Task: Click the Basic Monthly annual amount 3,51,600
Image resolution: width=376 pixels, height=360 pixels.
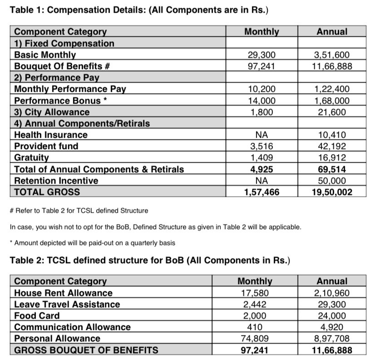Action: pyautogui.click(x=332, y=55)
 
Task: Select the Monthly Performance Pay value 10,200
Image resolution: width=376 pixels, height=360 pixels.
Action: pyautogui.click(x=262, y=89)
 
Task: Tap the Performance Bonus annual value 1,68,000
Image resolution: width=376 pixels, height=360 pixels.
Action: pyautogui.click(x=332, y=101)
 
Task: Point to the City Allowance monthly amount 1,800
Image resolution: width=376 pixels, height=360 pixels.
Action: pyautogui.click(x=262, y=112)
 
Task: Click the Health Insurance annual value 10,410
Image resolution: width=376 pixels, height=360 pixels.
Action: pyautogui.click(x=332, y=135)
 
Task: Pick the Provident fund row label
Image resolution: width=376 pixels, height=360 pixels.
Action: pyautogui.click(x=46, y=146)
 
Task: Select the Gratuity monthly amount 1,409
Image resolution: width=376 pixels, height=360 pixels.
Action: pyautogui.click(x=262, y=158)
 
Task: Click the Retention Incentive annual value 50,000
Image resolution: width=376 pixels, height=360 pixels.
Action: pyautogui.click(x=332, y=180)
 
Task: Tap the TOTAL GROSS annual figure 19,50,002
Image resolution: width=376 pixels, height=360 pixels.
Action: pyautogui.click(x=332, y=192)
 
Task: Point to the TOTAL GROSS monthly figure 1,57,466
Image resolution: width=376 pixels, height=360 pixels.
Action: pyautogui.click(x=262, y=192)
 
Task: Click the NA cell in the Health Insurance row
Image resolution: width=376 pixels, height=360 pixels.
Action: pyautogui.click(x=262, y=135)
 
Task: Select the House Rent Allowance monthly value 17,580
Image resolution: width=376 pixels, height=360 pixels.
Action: pyautogui.click(x=255, y=293)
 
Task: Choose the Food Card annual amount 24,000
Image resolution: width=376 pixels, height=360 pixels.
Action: pyautogui.click(x=332, y=316)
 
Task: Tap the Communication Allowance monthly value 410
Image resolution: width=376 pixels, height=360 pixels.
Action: pyautogui.click(x=255, y=327)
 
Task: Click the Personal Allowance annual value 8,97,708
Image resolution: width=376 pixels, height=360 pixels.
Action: pyautogui.click(x=332, y=339)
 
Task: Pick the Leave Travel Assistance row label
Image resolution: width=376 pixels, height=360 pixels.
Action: pyautogui.click(x=67, y=305)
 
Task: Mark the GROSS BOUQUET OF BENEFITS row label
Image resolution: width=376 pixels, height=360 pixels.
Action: pyautogui.click(x=86, y=350)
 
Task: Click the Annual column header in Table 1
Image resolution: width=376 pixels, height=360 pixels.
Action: pyautogui.click(x=332, y=32)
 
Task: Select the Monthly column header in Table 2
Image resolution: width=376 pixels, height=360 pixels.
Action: pyautogui.click(x=255, y=281)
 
